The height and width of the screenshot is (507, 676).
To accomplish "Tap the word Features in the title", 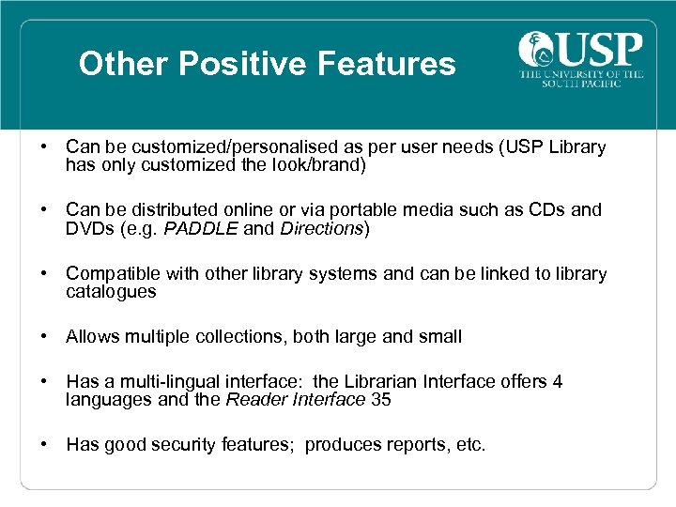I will click(387, 64).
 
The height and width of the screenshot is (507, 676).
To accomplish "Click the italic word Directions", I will click(322, 228).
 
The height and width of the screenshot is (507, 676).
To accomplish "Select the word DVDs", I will click(89, 228).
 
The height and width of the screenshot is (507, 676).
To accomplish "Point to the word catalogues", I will click(111, 291).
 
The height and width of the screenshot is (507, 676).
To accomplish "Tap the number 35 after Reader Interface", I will click(381, 399).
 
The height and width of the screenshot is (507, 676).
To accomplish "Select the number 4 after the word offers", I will click(558, 381).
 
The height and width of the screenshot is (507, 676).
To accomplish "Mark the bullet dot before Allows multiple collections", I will click(45, 336).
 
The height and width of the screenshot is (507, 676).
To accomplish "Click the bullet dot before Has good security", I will click(45, 444).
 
